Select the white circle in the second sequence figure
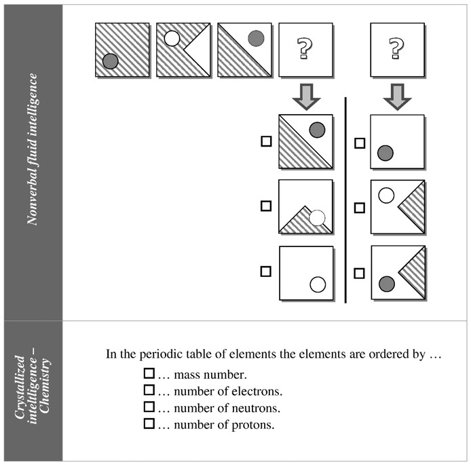[x=172, y=39]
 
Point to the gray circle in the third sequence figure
[x=256, y=39]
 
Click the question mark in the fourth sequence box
[x=305, y=49]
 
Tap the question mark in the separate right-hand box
[x=397, y=49]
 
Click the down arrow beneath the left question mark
[x=305, y=96]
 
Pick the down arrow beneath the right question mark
[x=397, y=96]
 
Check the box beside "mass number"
[x=149, y=374]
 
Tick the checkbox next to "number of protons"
[x=149, y=424]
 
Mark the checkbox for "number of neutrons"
[x=149, y=408]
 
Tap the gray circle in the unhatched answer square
[x=385, y=153]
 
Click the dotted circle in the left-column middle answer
[x=318, y=217]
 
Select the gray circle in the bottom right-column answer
[x=386, y=284]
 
